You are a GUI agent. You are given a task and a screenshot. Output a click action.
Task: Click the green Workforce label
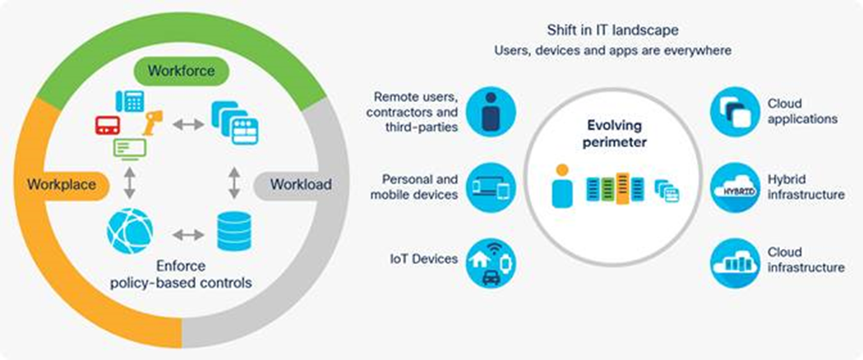pyautogui.click(x=181, y=71)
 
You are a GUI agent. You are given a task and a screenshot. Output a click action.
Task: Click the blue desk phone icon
pyautogui.click(x=130, y=102)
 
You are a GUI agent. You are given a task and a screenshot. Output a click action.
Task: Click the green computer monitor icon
pyautogui.click(x=129, y=150)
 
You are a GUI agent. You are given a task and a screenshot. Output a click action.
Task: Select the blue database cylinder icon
pyautogui.click(x=233, y=231)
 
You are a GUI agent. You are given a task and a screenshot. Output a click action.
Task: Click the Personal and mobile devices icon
pyautogui.click(x=491, y=188)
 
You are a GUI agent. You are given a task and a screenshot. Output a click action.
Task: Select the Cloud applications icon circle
pyautogui.click(x=734, y=112)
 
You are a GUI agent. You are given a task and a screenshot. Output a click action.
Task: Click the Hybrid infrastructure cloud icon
pyautogui.click(x=734, y=188)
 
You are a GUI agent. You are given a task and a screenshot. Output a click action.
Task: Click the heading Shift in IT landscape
pyautogui.click(x=612, y=30)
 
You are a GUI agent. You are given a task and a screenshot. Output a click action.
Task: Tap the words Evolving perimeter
pyautogui.click(x=612, y=134)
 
